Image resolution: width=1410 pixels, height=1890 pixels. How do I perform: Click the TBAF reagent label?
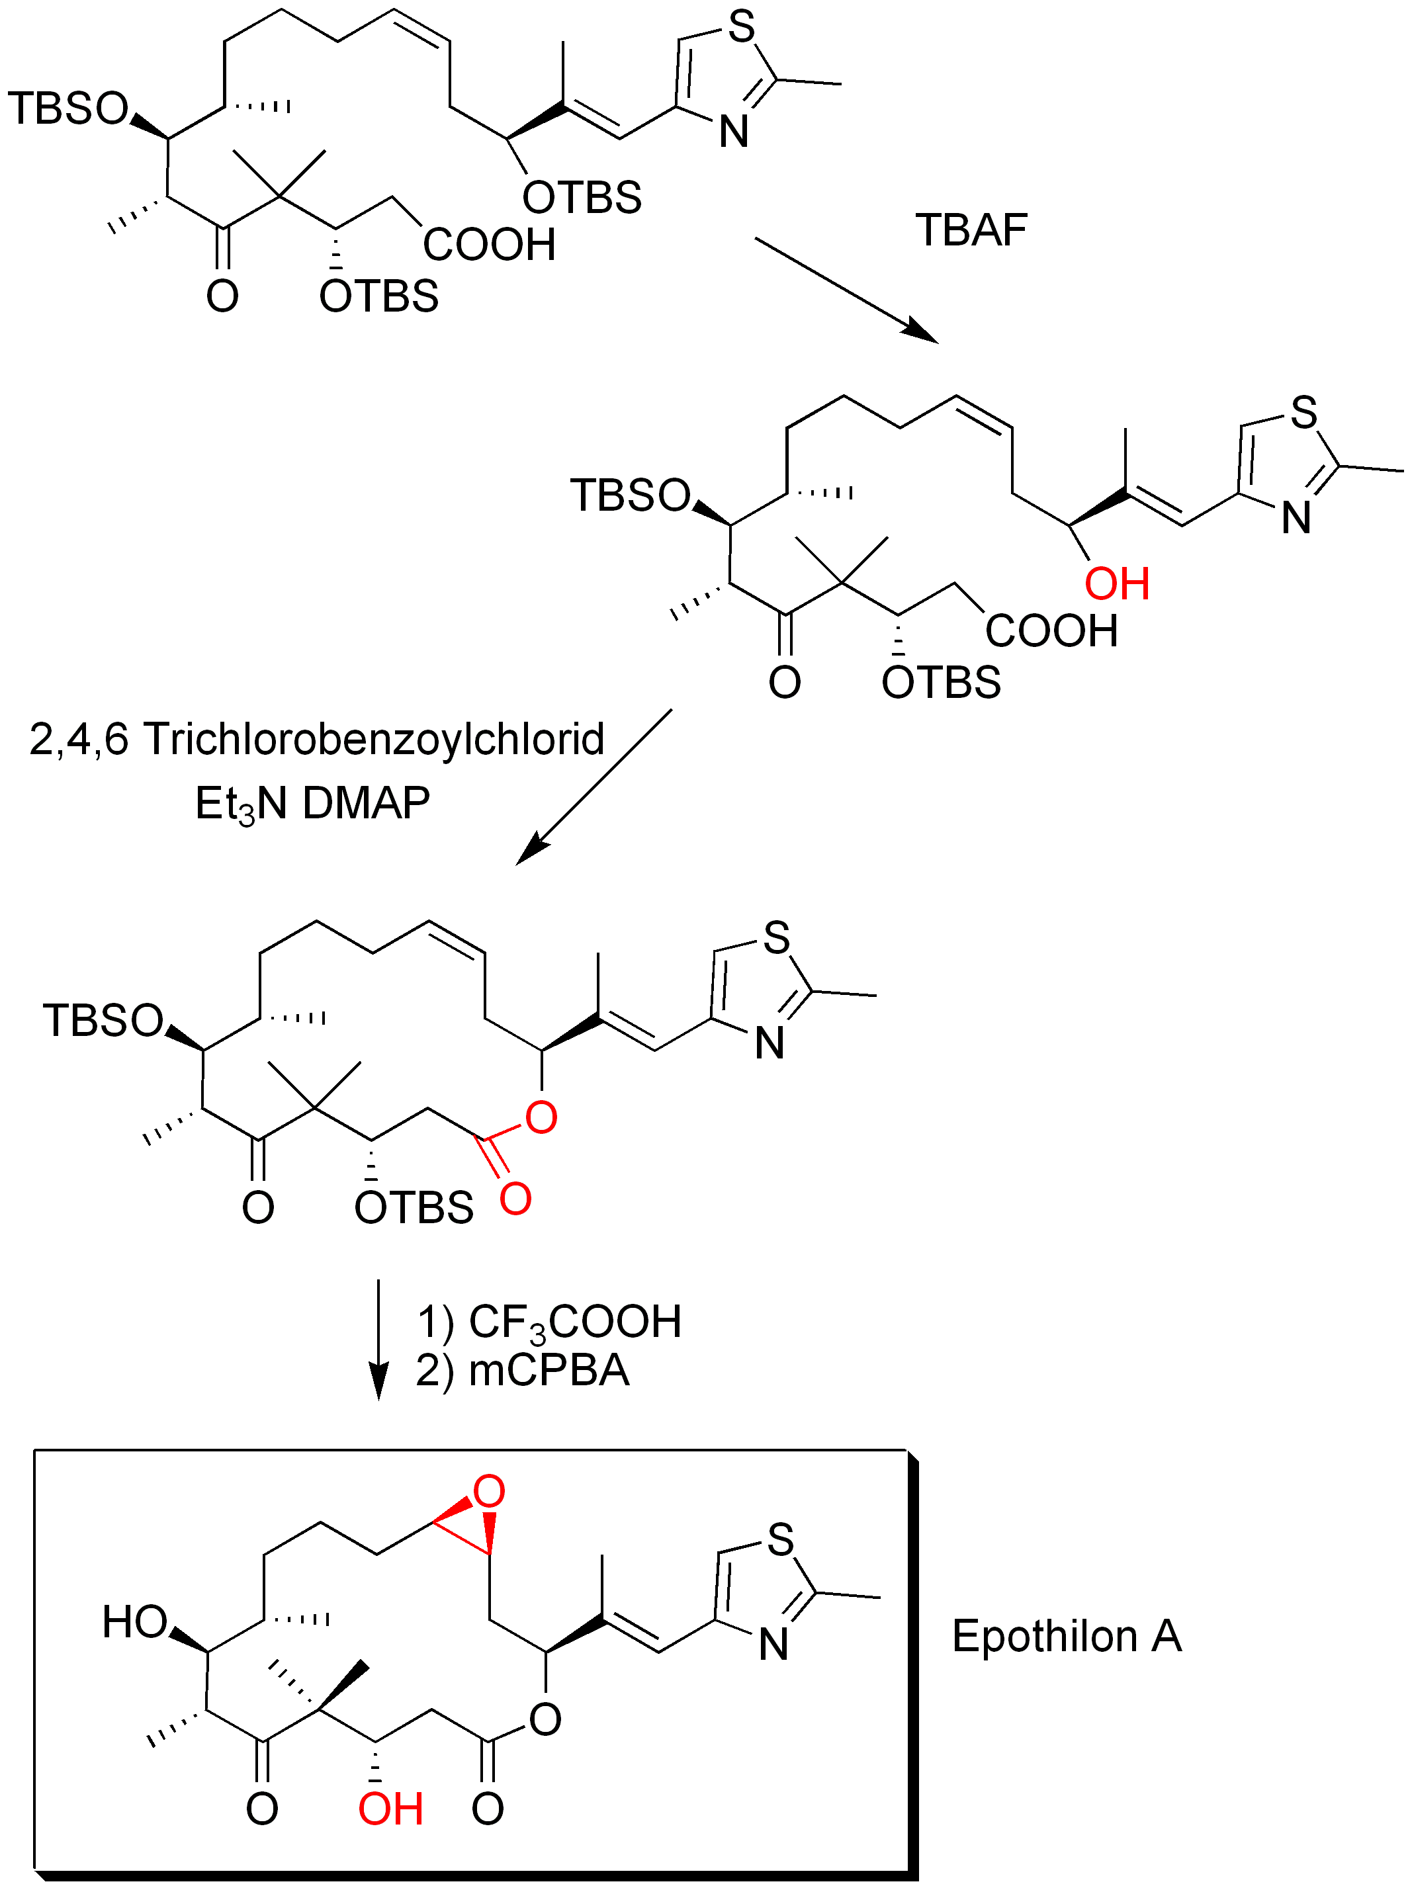pyautogui.click(x=971, y=230)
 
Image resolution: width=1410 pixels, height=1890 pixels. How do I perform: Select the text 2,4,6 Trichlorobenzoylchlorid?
pyautogui.click(x=317, y=739)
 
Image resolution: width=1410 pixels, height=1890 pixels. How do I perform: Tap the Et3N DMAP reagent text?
pyautogui.click(x=312, y=804)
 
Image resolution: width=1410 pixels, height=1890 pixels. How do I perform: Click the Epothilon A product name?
pyautogui.click(x=1066, y=1637)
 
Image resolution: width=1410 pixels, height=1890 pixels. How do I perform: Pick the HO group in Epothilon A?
pyautogui.click(x=135, y=1622)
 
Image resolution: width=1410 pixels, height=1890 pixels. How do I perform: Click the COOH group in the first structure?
pyautogui.click(x=489, y=245)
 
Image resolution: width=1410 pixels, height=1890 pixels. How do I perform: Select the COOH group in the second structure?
pyautogui.click(x=1051, y=631)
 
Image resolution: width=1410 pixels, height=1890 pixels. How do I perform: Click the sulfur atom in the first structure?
pyautogui.click(x=742, y=27)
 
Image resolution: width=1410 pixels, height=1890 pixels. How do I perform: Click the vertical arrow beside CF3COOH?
pyautogui.click(x=378, y=1340)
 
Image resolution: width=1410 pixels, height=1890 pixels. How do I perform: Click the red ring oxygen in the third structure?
pyautogui.click(x=541, y=1117)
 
